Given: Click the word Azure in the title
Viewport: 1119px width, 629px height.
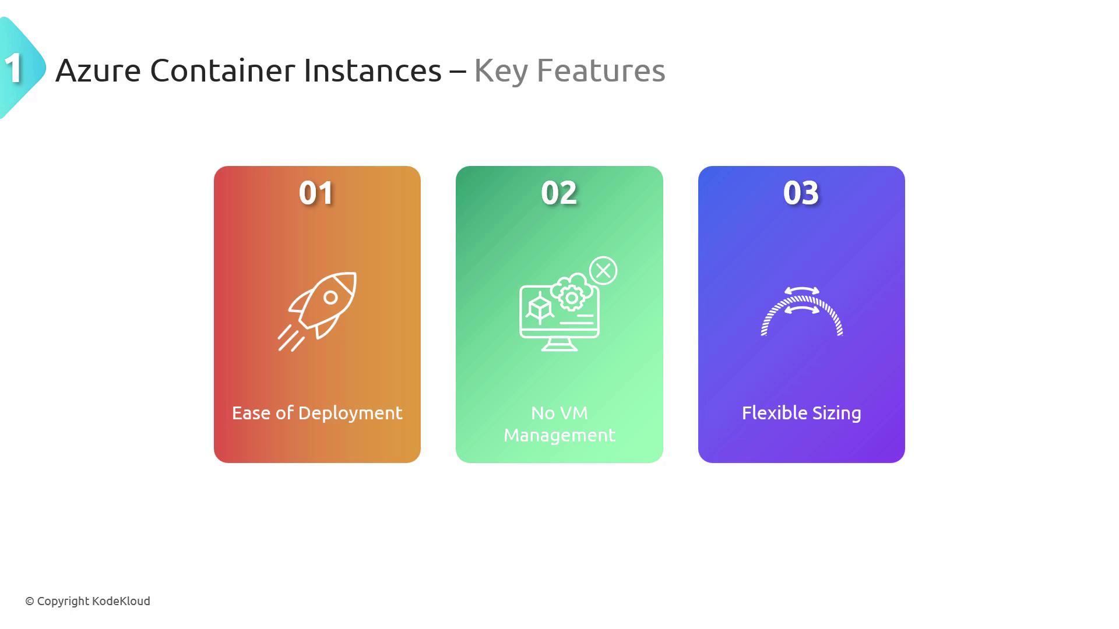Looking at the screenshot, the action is (98, 70).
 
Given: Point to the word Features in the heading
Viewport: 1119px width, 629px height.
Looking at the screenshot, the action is (600, 70).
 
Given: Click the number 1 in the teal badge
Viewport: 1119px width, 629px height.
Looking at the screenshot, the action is (13, 68).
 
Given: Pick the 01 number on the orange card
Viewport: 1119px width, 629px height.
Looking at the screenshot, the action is (316, 193).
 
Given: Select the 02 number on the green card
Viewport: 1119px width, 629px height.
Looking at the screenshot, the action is (559, 193).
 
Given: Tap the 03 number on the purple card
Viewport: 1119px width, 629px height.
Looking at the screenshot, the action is (801, 193).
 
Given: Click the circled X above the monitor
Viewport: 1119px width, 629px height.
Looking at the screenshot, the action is (603, 270).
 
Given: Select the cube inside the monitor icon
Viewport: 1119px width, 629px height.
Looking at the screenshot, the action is (540, 309).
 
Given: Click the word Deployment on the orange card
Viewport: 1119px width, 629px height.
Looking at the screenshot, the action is (350, 414).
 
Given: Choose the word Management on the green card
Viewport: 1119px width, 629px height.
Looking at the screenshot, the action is (559, 436).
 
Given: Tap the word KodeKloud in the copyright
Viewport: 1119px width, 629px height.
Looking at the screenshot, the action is (121, 601).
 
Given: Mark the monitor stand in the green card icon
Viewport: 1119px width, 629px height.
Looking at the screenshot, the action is (559, 344).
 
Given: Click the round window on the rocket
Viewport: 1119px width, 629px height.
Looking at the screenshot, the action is (330, 298).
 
